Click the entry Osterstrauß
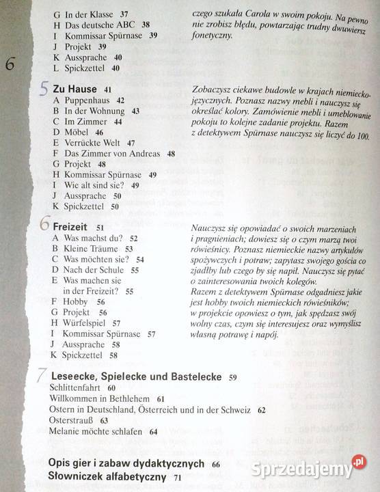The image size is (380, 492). click(72, 421)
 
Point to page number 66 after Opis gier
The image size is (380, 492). click(216, 465)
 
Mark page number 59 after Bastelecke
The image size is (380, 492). click(233, 377)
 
